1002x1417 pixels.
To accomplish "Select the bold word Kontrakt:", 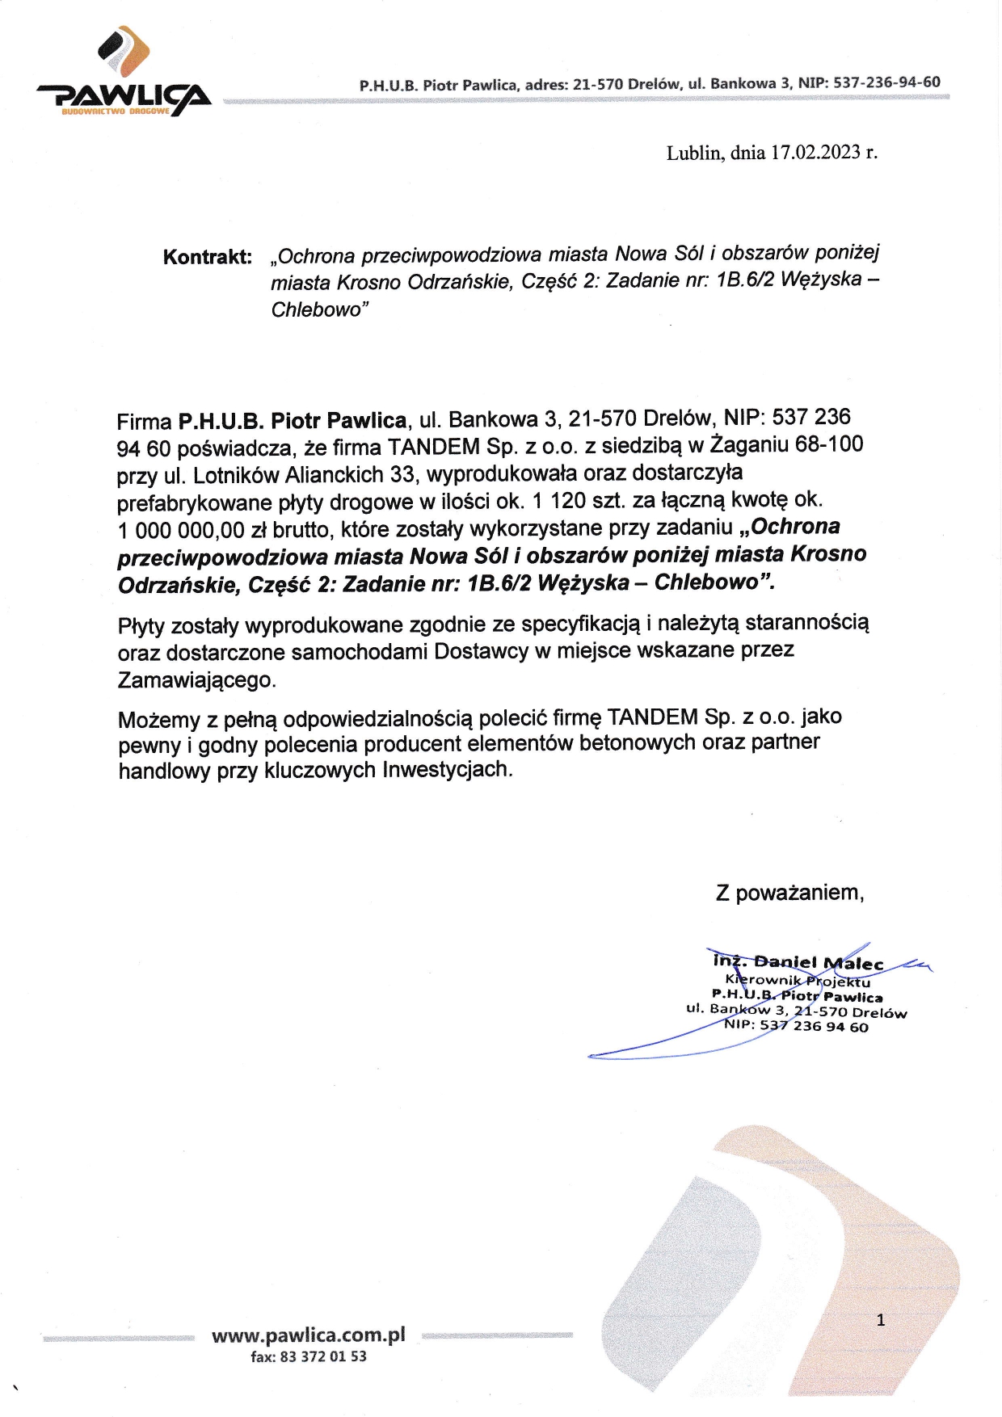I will (x=208, y=258).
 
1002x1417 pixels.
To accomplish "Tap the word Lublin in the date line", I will (x=695, y=153).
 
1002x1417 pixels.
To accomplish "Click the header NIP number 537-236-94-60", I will (x=886, y=82).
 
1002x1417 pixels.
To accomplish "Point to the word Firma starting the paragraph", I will (x=144, y=422).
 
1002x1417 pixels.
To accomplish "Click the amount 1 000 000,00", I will (x=181, y=531).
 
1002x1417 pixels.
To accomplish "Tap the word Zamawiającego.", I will (x=196, y=680).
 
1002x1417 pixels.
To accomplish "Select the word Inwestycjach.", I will (x=447, y=769).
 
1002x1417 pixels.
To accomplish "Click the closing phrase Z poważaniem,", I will (x=789, y=893).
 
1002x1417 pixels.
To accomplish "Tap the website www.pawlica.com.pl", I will (x=308, y=1335).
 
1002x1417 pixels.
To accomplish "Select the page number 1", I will (x=881, y=1320).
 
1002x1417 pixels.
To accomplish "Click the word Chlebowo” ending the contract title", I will (x=320, y=310).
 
